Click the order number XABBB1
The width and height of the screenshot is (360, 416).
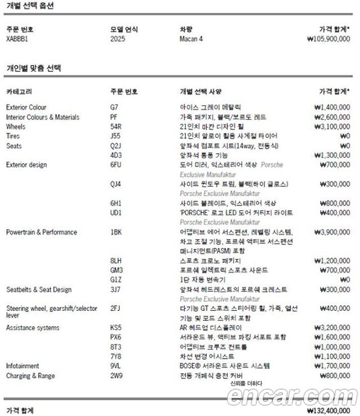[17, 39]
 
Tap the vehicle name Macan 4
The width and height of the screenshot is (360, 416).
[191, 39]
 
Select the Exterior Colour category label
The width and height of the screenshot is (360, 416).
[26, 107]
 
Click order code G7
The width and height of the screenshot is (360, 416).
[115, 107]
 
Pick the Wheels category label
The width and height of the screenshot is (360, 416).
[16, 127]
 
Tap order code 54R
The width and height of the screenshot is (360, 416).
[116, 127]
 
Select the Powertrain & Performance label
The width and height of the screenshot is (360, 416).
[42, 232]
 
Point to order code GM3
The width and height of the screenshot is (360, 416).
[116, 270]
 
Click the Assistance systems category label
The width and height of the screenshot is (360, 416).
[33, 327]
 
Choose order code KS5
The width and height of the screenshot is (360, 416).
[116, 327]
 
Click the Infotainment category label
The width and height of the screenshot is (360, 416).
[22, 365]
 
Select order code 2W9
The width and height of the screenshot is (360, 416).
[116, 375]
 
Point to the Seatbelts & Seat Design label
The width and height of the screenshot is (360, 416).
[39, 289]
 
